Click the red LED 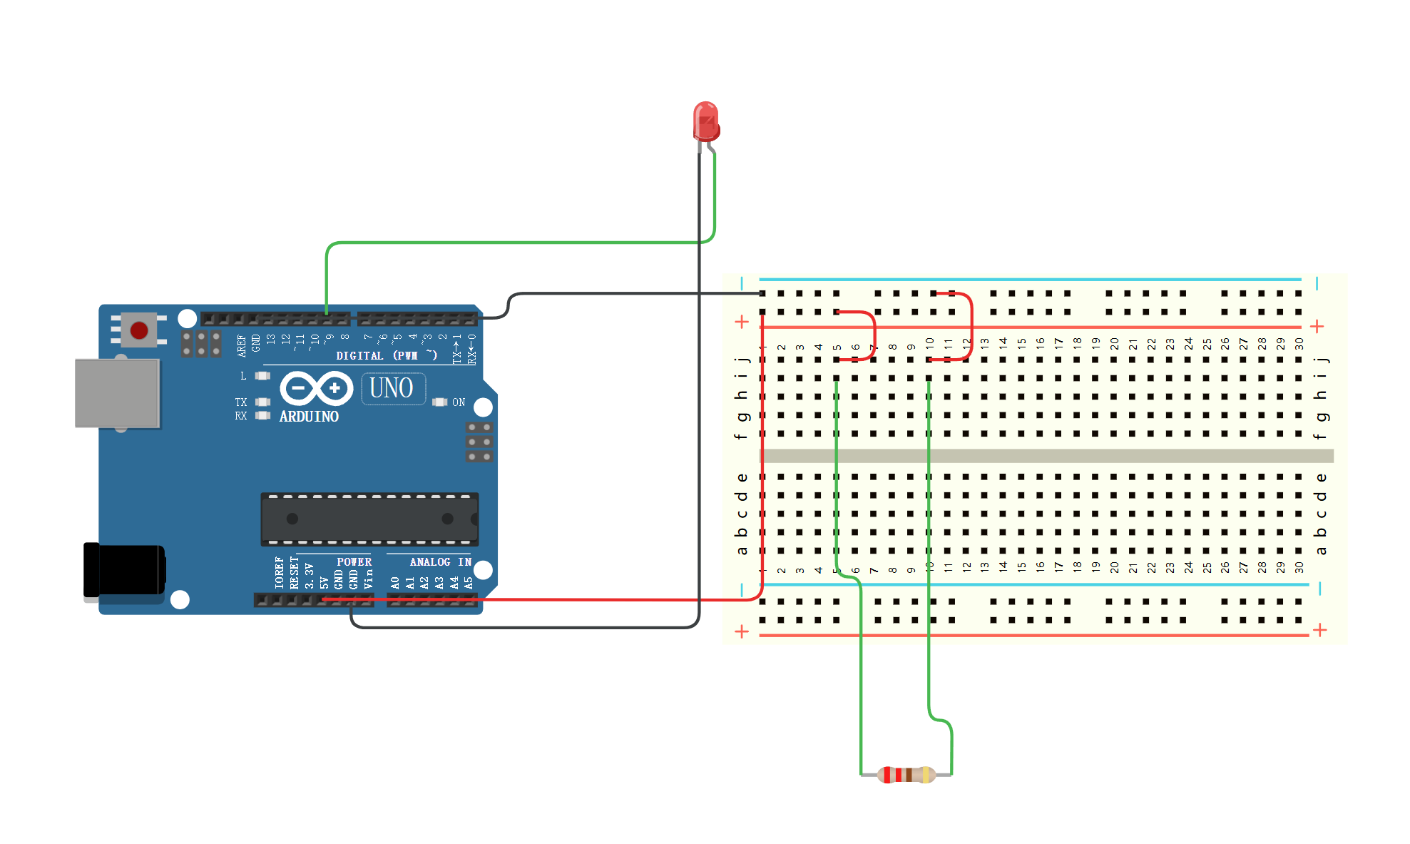705,121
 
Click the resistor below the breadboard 906,774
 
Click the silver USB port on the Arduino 118,393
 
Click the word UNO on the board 392,389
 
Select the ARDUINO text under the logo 309,417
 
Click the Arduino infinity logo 316,389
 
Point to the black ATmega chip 369,519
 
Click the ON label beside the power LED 459,402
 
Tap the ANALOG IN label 440,562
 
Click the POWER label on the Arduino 354,562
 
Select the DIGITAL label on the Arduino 359,355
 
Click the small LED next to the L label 263,376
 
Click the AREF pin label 242,345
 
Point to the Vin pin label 369,579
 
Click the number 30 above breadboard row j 1299,344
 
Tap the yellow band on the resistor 925,774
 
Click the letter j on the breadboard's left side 742,360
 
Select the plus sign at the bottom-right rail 1319,630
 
